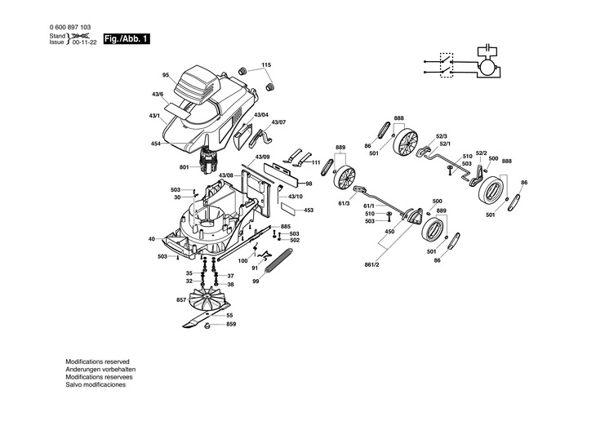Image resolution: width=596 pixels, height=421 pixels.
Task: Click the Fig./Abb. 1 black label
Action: coord(126,39)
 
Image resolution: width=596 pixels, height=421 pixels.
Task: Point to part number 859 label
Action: coord(231,325)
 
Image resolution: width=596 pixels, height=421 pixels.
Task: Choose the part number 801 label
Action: coord(184,168)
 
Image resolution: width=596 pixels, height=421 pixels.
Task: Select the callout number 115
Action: coord(266,64)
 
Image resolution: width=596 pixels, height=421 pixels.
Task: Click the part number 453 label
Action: coord(309,210)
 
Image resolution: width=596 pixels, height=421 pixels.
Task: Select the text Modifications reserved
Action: coord(97,361)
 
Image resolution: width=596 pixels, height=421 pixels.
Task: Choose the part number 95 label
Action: coord(165,76)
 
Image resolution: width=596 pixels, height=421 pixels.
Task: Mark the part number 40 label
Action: coord(151,239)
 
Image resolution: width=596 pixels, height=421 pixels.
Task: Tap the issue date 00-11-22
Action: coord(83,42)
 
